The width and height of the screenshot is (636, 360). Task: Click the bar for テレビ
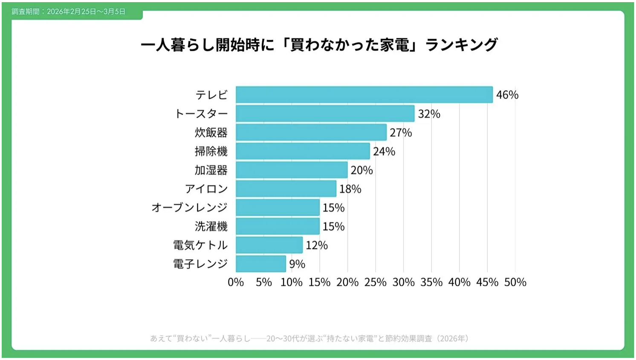tap(364, 95)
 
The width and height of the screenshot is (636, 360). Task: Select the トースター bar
tap(325, 113)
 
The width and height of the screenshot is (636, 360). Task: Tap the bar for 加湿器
tap(292, 170)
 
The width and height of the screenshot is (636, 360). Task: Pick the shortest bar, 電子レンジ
tap(261, 264)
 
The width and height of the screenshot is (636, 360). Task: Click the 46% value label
tap(507, 95)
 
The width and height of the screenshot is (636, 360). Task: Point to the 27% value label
tap(401, 133)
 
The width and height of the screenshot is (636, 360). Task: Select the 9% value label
tap(297, 264)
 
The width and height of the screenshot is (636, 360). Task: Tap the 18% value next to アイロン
tap(350, 189)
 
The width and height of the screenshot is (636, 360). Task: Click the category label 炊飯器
tap(211, 133)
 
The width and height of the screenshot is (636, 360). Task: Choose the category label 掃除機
tap(211, 151)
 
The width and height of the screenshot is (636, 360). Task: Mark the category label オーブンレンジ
tap(190, 208)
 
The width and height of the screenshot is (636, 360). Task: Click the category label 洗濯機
tap(211, 226)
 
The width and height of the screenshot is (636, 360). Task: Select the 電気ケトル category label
tap(200, 245)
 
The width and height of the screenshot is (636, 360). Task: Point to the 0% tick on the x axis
tap(236, 282)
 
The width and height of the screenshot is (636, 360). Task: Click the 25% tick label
tap(375, 282)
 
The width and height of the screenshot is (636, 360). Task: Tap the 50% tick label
tap(515, 282)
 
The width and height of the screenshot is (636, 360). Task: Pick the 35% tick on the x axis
tap(431, 282)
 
